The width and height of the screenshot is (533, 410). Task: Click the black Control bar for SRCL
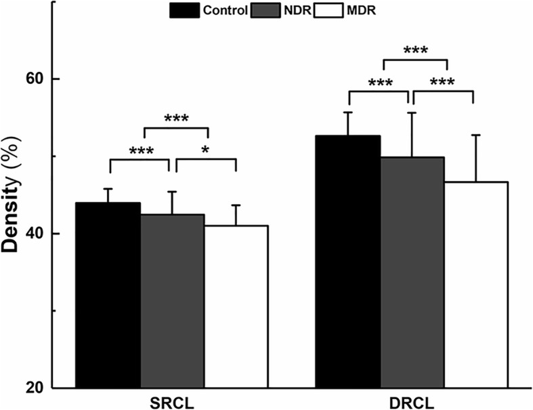pos(108,295)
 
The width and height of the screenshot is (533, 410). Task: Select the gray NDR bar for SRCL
pos(172,301)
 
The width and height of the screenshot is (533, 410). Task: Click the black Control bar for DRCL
pos(348,262)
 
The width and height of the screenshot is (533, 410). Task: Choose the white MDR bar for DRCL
pos(475,285)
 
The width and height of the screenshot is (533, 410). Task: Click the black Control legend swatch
pos(184,10)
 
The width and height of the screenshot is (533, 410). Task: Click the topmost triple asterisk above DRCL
pos(416,51)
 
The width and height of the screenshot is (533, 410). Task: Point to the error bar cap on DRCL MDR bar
pos(475,135)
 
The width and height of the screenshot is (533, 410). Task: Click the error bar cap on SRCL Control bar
pos(108,188)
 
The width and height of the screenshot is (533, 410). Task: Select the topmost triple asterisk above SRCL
pos(176,119)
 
